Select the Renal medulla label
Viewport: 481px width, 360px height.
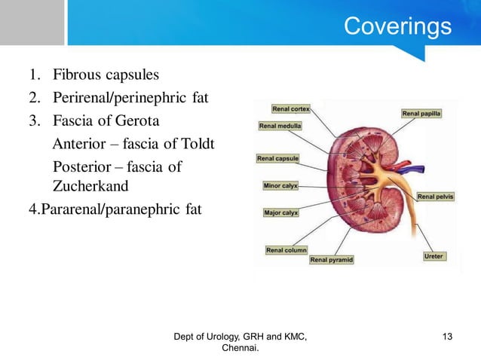280,126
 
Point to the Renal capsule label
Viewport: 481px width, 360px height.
278,159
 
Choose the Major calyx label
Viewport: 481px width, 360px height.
280,213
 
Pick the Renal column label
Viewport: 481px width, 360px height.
286,250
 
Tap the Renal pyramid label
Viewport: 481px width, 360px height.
332,260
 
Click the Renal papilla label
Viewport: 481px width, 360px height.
422,114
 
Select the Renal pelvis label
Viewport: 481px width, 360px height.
436,197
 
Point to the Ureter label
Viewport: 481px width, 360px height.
434,257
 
